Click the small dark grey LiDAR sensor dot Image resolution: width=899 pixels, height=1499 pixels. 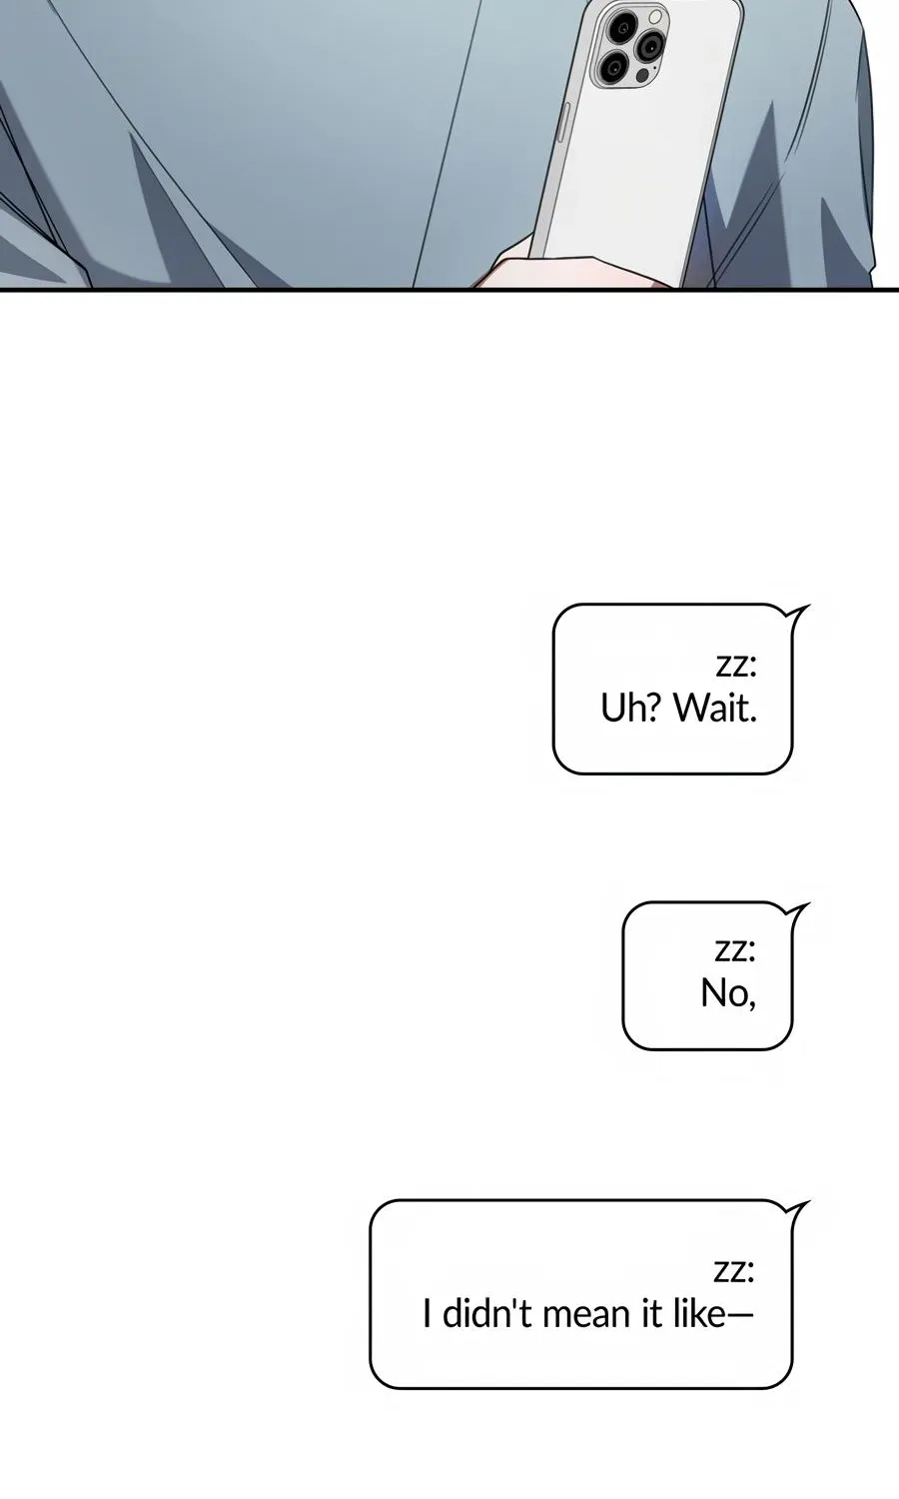point(643,76)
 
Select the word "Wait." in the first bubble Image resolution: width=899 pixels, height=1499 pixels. point(715,708)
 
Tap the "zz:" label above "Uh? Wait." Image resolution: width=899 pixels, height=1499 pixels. point(736,666)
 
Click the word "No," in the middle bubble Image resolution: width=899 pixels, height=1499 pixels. point(728,993)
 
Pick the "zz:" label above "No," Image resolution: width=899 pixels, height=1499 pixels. point(735,950)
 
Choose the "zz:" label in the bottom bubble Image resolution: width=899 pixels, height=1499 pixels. point(734,1271)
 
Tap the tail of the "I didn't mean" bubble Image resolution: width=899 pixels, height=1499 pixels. point(800,1209)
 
